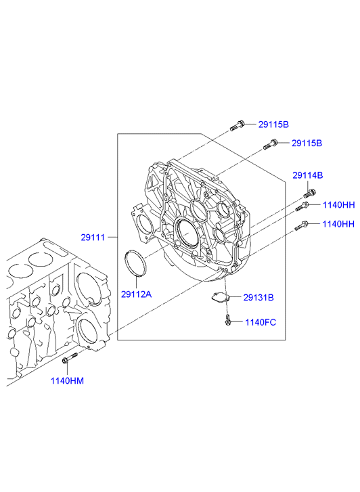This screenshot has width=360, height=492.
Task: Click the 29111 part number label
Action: pyautogui.click(x=93, y=238)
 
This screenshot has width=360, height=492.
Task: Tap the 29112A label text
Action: pyautogui.click(x=136, y=294)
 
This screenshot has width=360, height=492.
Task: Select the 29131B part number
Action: pyautogui.click(x=258, y=298)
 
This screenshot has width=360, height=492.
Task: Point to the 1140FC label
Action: pyautogui.click(x=261, y=322)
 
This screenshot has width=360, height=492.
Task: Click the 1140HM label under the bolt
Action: pyautogui.click(x=67, y=381)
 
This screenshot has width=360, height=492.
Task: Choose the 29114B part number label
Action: pyautogui.click(x=308, y=175)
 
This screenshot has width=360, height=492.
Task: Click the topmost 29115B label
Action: pyautogui.click(x=273, y=125)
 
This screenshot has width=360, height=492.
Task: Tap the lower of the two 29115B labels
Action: pyautogui.click(x=307, y=143)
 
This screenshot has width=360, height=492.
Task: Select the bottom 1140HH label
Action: pyautogui.click(x=338, y=224)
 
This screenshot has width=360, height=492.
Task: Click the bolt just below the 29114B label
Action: pyautogui.click(x=309, y=194)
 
